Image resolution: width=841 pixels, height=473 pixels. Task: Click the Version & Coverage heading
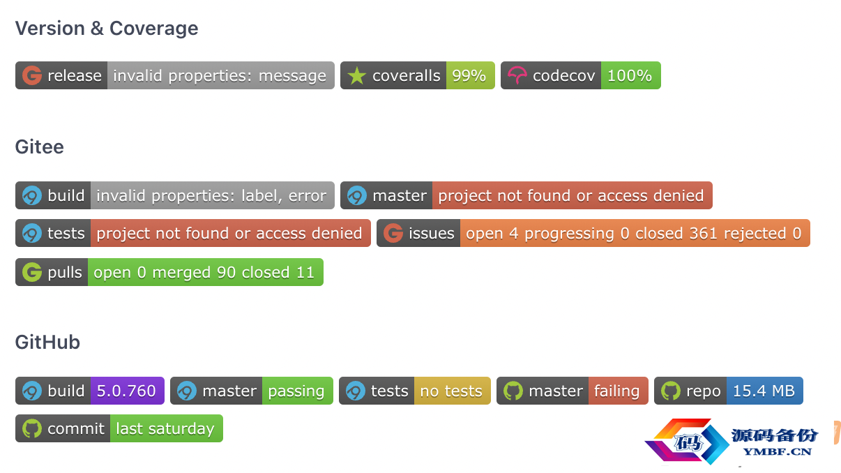(107, 29)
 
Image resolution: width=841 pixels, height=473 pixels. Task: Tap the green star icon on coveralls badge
(356, 75)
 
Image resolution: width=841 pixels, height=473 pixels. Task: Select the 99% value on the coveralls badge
(469, 75)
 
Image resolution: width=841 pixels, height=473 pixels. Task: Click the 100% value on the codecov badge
(630, 75)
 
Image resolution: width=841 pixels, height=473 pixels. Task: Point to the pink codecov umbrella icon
(517, 75)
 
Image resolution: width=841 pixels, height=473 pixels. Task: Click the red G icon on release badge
(32, 75)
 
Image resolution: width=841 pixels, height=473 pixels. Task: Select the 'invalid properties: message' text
(220, 76)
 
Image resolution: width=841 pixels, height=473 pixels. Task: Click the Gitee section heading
(40, 147)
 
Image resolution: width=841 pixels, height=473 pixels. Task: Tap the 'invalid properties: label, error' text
(211, 196)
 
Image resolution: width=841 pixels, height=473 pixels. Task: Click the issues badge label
(432, 233)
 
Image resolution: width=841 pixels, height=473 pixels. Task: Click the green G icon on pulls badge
(32, 272)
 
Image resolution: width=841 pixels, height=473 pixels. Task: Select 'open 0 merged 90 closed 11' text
(204, 272)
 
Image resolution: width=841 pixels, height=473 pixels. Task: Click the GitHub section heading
(47, 343)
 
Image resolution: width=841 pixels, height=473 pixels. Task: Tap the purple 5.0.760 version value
(126, 391)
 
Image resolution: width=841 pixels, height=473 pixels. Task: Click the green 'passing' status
(296, 391)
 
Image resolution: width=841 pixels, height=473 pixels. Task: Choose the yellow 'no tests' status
(451, 391)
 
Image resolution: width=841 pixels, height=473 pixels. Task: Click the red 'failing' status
(617, 391)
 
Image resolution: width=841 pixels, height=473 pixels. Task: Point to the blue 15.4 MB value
(764, 391)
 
